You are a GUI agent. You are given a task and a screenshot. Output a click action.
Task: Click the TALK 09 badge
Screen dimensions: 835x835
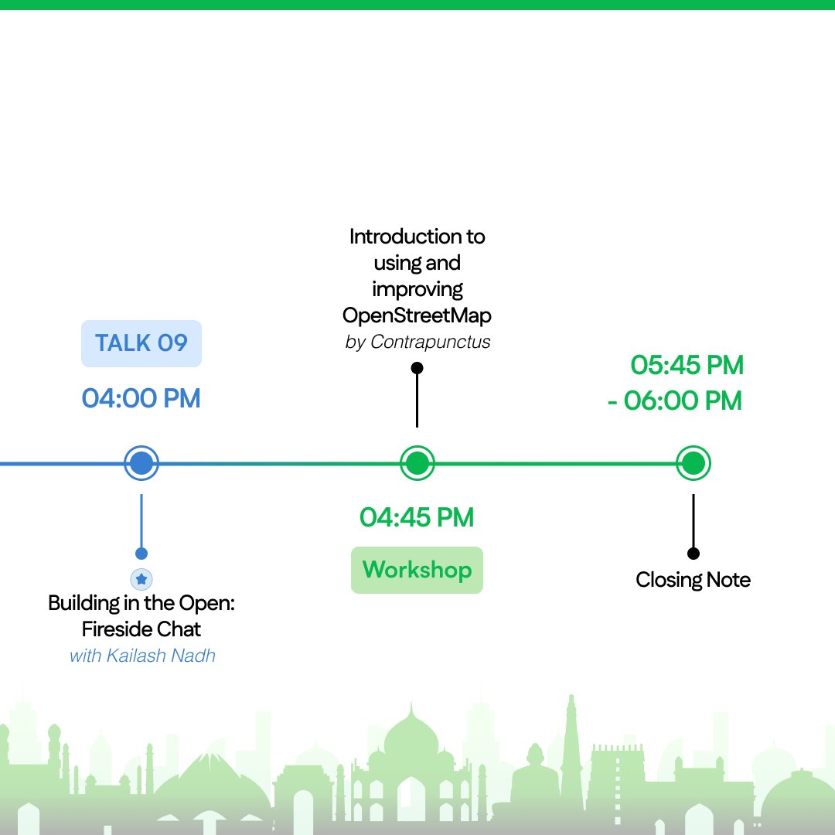click(x=141, y=343)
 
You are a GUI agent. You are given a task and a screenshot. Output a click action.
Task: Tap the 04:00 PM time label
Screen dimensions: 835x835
click(x=141, y=399)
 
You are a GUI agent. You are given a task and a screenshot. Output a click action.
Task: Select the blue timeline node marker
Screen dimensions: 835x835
click(x=141, y=464)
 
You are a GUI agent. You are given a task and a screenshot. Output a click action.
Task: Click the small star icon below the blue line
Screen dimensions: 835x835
click(x=141, y=578)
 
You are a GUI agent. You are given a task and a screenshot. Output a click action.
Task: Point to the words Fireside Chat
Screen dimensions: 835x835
click(x=141, y=629)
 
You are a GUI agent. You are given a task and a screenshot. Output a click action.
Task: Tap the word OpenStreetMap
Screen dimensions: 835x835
click(x=417, y=315)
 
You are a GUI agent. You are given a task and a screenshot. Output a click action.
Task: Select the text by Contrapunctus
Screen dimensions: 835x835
click(x=417, y=342)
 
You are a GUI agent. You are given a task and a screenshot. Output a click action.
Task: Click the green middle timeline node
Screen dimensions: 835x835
click(x=417, y=464)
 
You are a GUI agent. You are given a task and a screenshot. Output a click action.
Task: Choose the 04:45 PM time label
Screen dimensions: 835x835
click(x=417, y=517)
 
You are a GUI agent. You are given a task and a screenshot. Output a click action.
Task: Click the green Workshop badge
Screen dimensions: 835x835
click(x=417, y=571)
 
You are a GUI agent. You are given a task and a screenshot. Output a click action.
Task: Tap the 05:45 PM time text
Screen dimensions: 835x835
click(x=687, y=365)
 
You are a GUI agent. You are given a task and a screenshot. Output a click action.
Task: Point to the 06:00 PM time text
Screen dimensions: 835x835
click(x=683, y=401)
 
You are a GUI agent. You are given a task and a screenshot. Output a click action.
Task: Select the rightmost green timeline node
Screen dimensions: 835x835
click(x=694, y=464)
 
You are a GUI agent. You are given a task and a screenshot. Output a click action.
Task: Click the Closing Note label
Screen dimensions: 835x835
click(x=693, y=580)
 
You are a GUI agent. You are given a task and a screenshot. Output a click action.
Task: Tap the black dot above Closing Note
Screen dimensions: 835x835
click(x=694, y=554)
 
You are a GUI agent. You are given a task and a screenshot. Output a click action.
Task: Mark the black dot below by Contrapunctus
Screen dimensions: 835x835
click(x=417, y=368)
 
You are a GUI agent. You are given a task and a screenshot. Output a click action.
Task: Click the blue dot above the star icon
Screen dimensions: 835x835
click(x=141, y=554)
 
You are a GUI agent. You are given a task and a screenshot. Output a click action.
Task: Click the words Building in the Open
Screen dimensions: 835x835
click(x=141, y=603)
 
